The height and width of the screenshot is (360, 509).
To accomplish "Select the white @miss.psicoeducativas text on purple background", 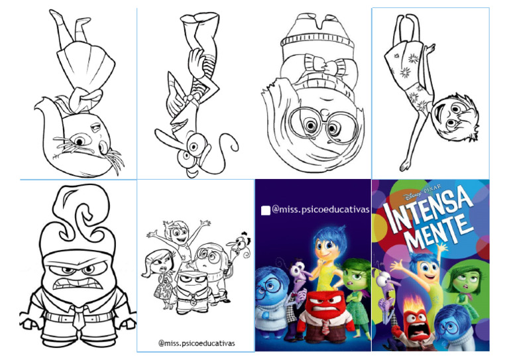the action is (x=320, y=210).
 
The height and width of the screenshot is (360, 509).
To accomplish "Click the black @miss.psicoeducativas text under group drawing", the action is (x=197, y=343).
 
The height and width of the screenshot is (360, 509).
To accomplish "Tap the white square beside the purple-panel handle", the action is (x=266, y=211).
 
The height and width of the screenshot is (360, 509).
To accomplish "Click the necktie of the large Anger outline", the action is (x=78, y=316).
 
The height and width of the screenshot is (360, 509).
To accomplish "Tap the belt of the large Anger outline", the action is (x=78, y=316).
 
